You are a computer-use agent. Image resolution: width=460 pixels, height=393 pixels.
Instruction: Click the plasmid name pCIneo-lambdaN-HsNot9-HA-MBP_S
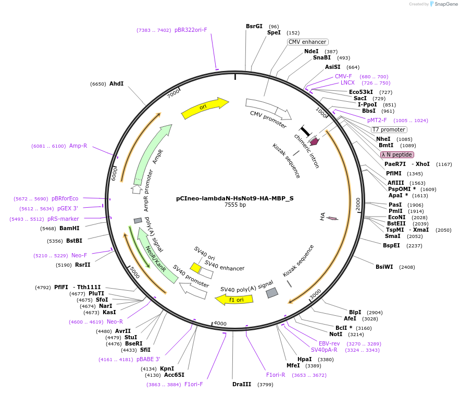(x=235, y=198)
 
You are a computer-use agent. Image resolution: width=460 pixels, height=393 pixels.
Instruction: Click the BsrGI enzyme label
(x=254, y=26)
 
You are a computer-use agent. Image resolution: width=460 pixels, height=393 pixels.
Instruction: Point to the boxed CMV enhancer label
(x=307, y=42)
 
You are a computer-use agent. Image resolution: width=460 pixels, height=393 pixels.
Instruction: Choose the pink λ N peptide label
(x=397, y=154)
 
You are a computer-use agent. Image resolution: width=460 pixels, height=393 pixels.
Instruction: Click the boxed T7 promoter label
(x=389, y=129)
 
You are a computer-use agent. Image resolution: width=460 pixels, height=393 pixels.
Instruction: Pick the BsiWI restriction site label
(x=384, y=267)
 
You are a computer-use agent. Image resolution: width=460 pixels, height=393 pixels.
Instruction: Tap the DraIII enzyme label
(x=242, y=384)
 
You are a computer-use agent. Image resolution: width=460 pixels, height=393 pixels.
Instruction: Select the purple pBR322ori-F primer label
(x=191, y=30)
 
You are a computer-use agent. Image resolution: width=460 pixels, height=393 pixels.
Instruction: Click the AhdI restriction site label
(x=116, y=84)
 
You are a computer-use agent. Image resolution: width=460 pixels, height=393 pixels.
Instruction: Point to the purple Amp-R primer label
(x=78, y=146)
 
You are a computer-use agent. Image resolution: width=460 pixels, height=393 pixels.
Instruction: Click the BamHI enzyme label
(x=69, y=228)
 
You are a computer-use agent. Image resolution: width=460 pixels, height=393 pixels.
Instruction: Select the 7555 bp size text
(x=235, y=205)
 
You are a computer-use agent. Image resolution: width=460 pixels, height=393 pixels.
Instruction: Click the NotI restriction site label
(x=336, y=334)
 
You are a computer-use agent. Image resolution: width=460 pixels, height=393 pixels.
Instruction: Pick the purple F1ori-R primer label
(x=276, y=375)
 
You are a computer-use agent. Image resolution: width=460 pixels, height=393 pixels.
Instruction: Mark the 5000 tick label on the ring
(x=134, y=272)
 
